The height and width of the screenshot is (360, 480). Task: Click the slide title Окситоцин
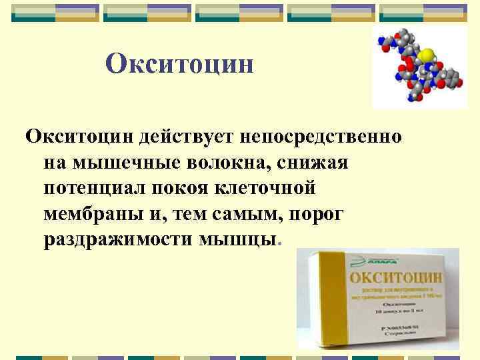pyautogui.click(x=180, y=64)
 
